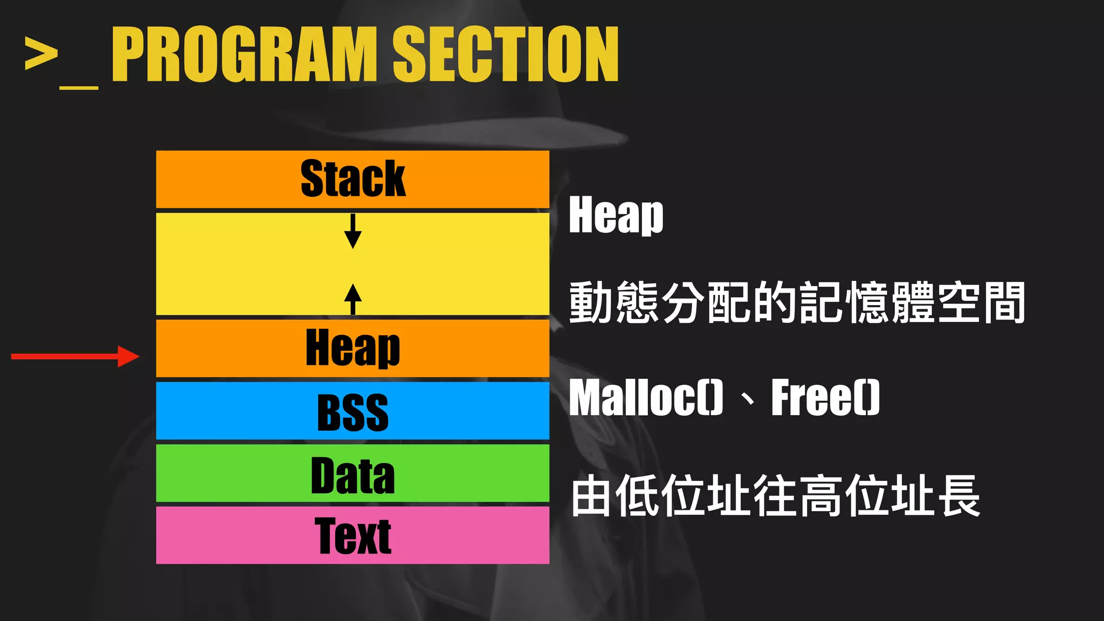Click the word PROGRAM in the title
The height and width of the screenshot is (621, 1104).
point(244,54)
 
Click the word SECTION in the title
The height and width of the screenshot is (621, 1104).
point(505,54)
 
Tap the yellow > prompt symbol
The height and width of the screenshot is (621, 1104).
point(41,53)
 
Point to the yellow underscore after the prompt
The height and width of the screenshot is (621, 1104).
point(79,86)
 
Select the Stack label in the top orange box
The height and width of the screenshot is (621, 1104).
point(353,179)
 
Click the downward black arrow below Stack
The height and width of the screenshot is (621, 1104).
point(353,231)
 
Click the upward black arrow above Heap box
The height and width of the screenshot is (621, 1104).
point(353,299)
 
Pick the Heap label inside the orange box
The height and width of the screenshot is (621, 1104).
point(353,348)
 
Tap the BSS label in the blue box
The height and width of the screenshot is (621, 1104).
point(353,412)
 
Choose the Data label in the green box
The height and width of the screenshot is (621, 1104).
point(353,475)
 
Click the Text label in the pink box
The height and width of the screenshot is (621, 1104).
point(353,536)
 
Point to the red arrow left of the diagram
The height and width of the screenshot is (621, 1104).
point(75,356)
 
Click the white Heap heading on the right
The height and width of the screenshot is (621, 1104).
point(616,215)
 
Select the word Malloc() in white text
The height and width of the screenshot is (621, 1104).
point(646,398)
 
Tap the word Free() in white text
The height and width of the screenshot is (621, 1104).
point(825,398)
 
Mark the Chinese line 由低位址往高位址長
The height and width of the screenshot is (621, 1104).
point(775,496)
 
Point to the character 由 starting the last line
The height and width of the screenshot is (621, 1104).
point(591,496)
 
